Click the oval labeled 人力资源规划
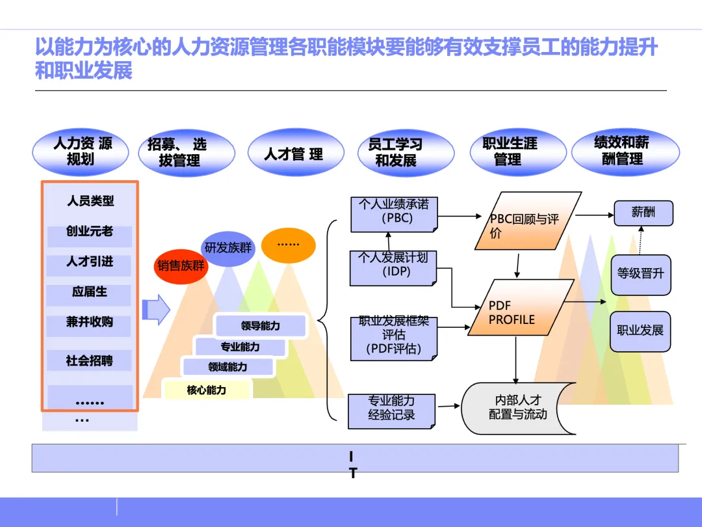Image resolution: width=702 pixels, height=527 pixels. [81, 152]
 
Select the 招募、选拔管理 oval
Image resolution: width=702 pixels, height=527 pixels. [187, 153]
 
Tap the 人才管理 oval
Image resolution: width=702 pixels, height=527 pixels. [295, 154]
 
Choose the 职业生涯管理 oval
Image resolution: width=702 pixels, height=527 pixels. [508, 152]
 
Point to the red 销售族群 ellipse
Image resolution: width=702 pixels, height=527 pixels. [181, 265]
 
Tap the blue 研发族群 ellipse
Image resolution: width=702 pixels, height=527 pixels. [227, 247]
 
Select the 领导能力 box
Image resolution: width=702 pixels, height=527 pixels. [260, 326]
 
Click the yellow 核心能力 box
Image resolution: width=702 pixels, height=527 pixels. [207, 390]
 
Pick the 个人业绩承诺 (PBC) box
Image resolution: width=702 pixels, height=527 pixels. [394, 213]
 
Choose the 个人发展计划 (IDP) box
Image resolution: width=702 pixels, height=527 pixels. [394, 267]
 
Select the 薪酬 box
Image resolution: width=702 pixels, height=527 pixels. [643, 213]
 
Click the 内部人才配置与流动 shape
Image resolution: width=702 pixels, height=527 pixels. [518, 409]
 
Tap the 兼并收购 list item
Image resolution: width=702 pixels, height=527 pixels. [89, 323]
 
